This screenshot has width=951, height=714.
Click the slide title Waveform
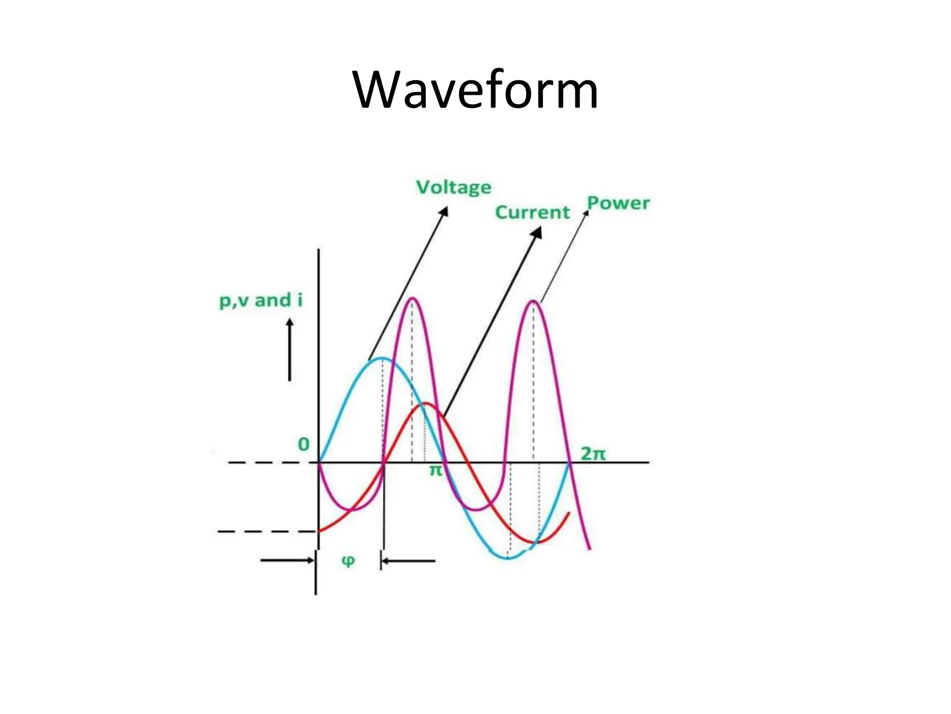point(475,89)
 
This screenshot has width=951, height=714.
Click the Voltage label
point(454,188)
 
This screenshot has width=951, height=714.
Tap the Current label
point(532,212)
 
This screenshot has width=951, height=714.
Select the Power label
point(618,203)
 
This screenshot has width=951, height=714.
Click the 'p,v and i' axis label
point(261,301)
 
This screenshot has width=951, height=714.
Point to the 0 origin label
point(303,444)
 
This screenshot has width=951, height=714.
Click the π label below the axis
point(436,470)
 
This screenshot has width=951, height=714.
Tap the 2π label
point(593,454)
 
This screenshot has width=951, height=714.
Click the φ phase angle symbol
point(348,561)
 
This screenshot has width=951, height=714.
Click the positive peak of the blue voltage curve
point(382,358)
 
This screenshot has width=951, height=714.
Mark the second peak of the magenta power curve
point(534,301)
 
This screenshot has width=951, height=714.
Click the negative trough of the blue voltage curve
point(508,558)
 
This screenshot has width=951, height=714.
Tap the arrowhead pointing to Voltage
point(444,212)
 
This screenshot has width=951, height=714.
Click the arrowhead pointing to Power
point(586,213)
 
